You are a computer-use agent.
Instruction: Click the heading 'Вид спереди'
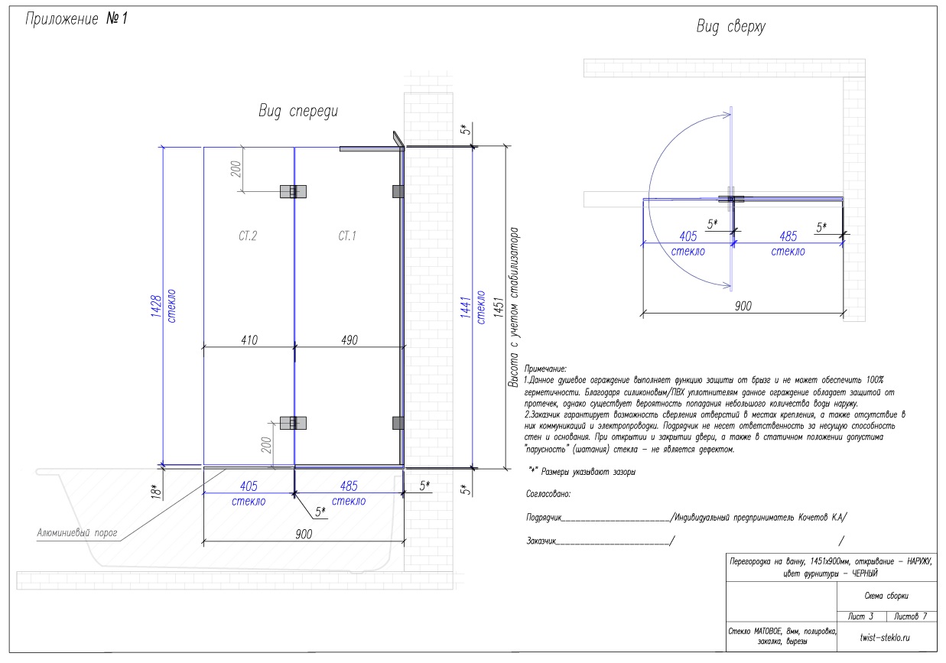pyautogui.click(x=298, y=111)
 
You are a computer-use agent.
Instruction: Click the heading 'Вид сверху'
pyautogui.click(x=730, y=27)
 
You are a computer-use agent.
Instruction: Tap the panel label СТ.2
pyautogui.click(x=248, y=236)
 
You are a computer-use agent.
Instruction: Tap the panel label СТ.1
pyautogui.click(x=347, y=236)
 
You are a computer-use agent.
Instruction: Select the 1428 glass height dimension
pyautogui.click(x=156, y=306)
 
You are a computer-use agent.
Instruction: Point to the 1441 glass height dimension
pyautogui.click(x=466, y=307)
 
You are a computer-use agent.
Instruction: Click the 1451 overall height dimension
pyautogui.click(x=499, y=307)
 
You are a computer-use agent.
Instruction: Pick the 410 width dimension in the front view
pyautogui.click(x=249, y=340)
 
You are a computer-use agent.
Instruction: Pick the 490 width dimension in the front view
pyautogui.click(x=349, y=340)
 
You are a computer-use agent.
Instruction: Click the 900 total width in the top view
pyautogui.click(x=743, y=306)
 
